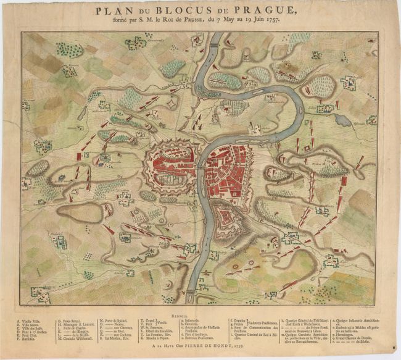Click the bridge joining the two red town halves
coord(201,167)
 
